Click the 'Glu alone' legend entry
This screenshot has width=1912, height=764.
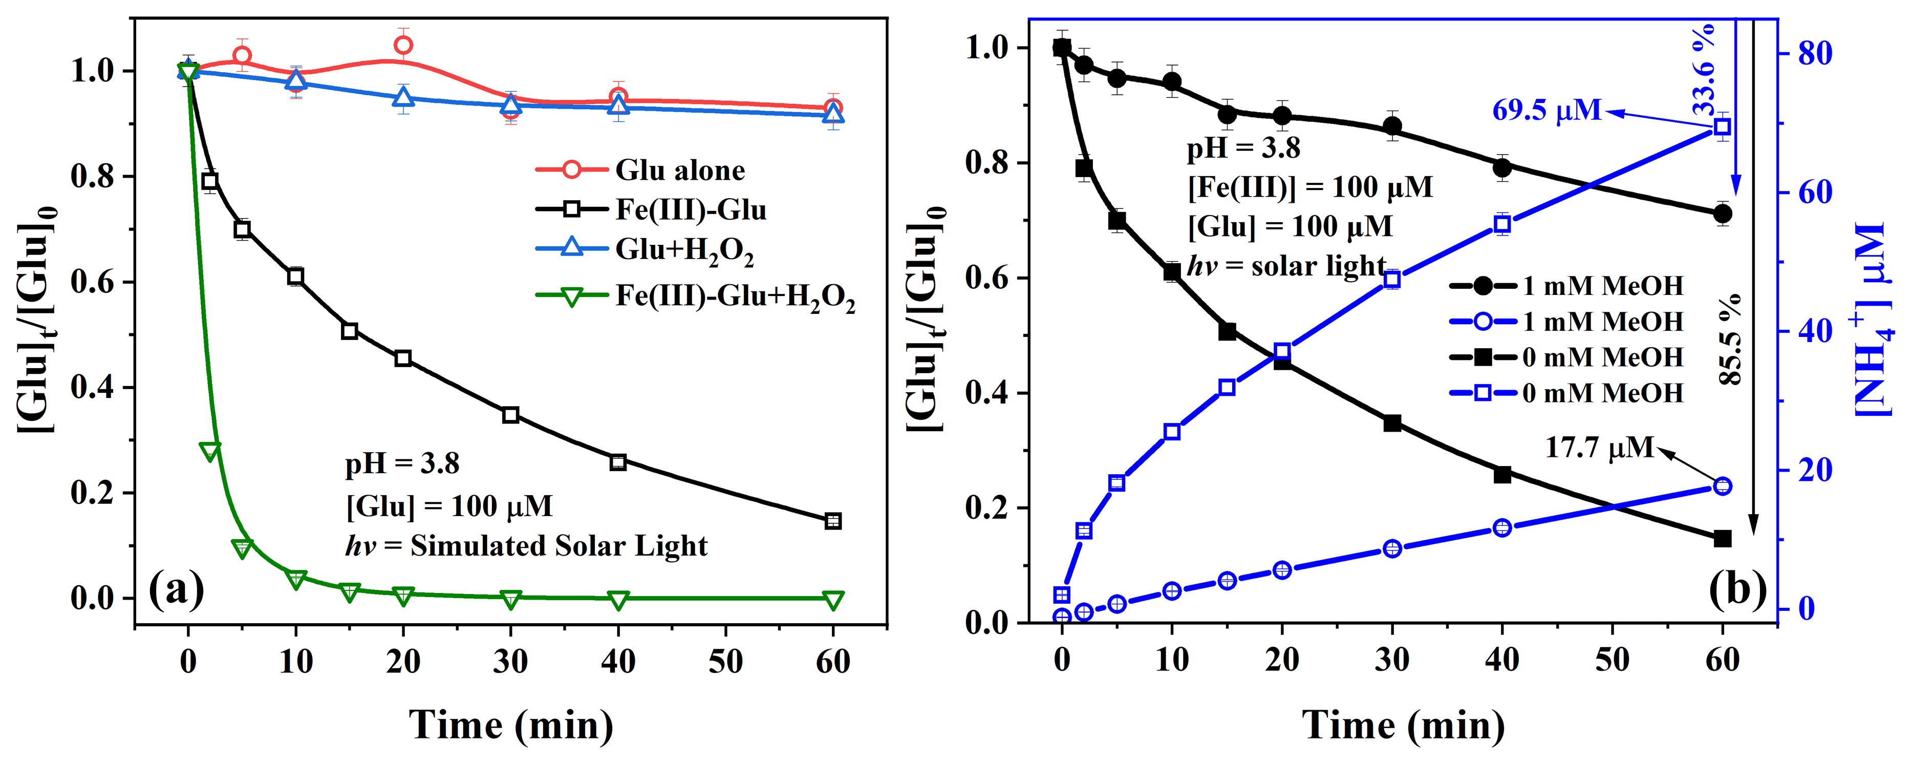(x=679, y=170)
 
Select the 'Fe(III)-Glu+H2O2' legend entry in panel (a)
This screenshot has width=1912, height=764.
(x=735, y=296)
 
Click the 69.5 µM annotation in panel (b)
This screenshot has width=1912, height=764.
(x=1547, y=111)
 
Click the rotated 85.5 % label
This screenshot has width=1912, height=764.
(x=1729, y=339)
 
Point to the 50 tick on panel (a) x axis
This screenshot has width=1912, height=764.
(x=725, y=661)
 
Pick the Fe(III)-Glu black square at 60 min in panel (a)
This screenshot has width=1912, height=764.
(x=833, y=521)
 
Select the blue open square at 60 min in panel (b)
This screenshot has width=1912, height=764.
(x=1723, y=127)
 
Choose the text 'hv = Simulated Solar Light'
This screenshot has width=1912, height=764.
(x=526, y=546)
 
